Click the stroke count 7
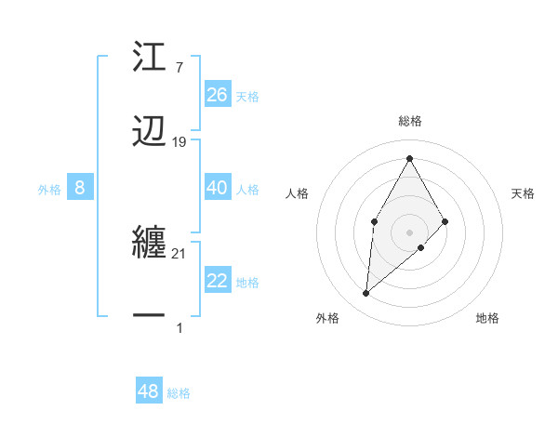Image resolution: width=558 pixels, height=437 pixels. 179,67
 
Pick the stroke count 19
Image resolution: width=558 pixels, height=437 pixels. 179,142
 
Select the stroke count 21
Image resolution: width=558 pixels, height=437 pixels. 179,254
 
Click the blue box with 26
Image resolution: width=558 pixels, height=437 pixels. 218,94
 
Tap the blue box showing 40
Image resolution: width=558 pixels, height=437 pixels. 218,188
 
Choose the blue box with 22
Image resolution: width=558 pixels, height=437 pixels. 218,281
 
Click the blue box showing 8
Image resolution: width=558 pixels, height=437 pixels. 80,188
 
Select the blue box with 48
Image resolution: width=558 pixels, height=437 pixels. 149,391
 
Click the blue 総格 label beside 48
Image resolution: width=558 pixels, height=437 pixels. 179,393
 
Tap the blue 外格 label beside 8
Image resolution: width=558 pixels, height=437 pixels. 49,190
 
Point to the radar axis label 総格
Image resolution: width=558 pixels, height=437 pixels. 409,121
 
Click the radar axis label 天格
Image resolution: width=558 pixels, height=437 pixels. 523,193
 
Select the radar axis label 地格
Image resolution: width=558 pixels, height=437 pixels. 487,318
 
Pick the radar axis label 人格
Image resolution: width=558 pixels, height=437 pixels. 297,193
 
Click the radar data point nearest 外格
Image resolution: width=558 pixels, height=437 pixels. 366,294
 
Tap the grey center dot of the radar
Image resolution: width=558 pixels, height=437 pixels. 409,231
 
